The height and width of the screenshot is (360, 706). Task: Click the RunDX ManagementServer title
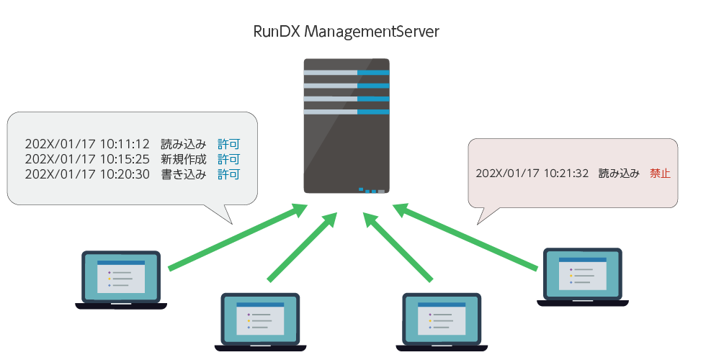(x=347, y=32)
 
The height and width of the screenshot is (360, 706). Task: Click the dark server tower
(x=347, y=126)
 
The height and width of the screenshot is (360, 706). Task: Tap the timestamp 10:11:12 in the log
(x=124, y=143)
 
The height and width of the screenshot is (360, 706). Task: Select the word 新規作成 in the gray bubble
(x=184, y=159)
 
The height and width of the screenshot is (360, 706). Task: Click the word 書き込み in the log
(x=184, y=174)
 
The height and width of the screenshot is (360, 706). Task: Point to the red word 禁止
(x=660, y=174)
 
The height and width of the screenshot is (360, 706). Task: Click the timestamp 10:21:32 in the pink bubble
(x=566, y=174)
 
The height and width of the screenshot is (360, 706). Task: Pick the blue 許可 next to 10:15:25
(x=228, y=159)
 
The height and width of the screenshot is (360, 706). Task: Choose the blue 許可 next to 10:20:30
(x=228, y=174)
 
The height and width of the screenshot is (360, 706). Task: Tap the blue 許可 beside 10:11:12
(x=228, y=143)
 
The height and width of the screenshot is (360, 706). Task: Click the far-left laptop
(x=121, y=280)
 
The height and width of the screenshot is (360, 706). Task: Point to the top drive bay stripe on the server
(x=347, y=72)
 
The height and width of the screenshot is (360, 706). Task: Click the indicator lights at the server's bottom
(x=371, y=191)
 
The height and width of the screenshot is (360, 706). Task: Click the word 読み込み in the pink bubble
(x=619, y=174)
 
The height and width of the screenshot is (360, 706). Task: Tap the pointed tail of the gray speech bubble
(x=223, y=215)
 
